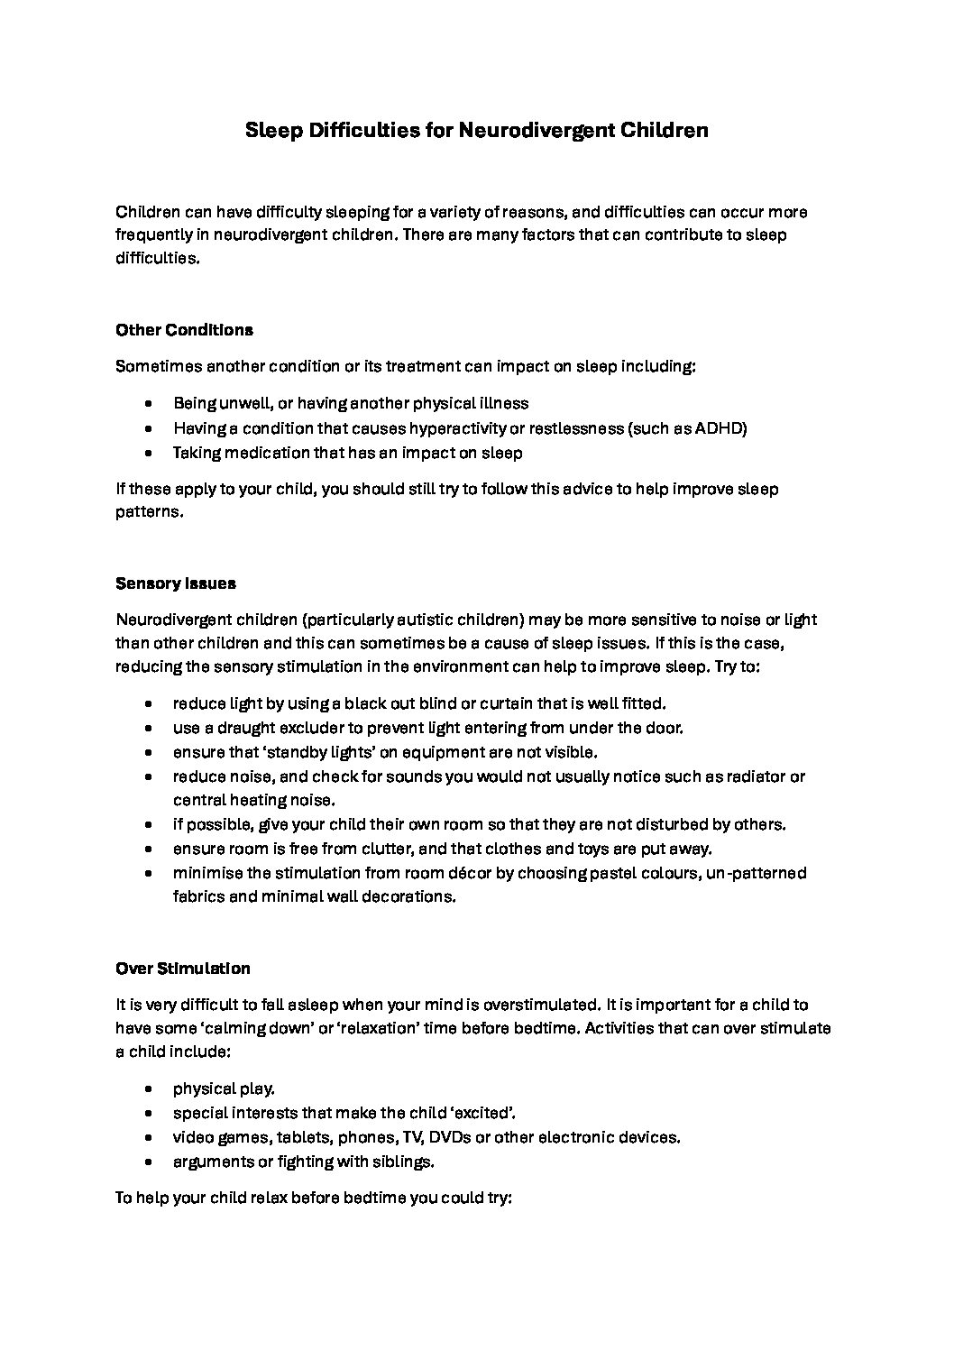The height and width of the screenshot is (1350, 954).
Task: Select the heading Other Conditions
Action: [x=184, y=330]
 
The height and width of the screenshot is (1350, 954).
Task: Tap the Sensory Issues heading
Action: [x=176, y=583]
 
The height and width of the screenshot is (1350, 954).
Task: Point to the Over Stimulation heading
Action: [x=183, y=969]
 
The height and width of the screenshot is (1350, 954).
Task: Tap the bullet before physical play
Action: [x=148, y=1089]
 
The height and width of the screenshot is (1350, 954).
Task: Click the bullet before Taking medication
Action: [x=148, y=453]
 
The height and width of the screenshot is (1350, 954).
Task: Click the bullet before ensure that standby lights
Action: [x=148, y=752]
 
